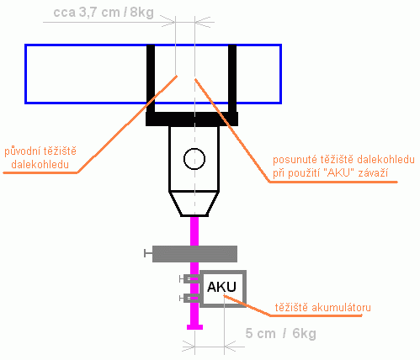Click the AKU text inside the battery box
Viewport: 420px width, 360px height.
[x=221, y=287]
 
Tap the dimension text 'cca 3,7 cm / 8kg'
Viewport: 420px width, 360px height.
[x=104, y=13]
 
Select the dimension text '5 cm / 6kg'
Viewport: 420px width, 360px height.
[x=280, y=333]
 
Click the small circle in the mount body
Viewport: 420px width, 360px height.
[x=194, y=159]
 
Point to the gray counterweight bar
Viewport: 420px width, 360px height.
[x=194, y=254]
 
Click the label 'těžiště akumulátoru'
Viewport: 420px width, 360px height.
[x=322, y=307]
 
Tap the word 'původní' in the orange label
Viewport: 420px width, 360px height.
[x=22, y=151]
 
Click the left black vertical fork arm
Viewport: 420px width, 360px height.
[x=151, y=78]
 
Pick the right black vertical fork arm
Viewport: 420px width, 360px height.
[x=232, y=78]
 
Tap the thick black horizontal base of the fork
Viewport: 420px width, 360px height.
[x=192, y=119]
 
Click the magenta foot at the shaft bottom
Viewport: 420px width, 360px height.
[x=194, y=327]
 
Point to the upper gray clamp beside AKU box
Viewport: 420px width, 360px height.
[x=191, y=279]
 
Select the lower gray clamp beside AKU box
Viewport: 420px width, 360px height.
[x=191, y=298]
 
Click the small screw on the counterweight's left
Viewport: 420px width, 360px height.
[x=148, y=253]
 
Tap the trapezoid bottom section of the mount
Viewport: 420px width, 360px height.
[x=194, y=204]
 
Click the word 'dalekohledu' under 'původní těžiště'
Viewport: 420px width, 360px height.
[x=40, y=165]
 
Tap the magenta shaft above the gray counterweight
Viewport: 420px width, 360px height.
[x=194, y=231]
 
